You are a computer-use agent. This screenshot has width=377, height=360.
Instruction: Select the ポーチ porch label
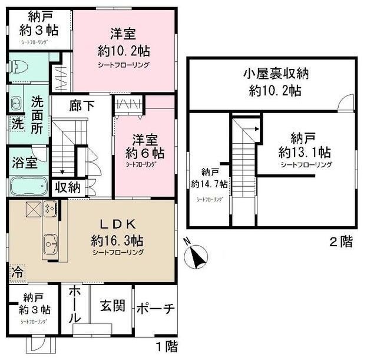tap(156, 309)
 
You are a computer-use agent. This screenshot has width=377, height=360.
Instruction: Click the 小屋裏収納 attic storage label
tap(273, 75)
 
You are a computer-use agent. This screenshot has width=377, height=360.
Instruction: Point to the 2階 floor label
tap(340, 242)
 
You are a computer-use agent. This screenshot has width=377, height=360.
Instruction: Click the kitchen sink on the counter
tap(49, 242)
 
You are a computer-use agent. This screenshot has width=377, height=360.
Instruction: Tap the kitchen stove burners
tap(49, 208)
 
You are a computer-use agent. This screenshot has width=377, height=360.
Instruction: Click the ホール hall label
tap(75, 304)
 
